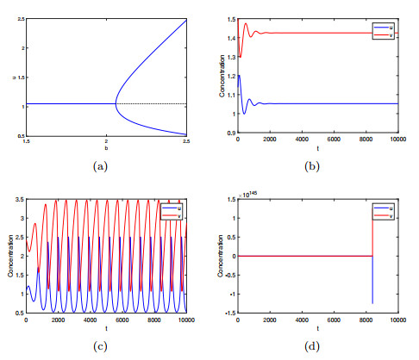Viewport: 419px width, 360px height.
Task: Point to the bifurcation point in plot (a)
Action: (116, 103)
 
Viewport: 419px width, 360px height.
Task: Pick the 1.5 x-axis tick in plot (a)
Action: (27, 140)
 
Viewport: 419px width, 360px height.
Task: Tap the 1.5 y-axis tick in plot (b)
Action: (228, 18)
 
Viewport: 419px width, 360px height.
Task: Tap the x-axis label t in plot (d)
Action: (317, 329)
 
